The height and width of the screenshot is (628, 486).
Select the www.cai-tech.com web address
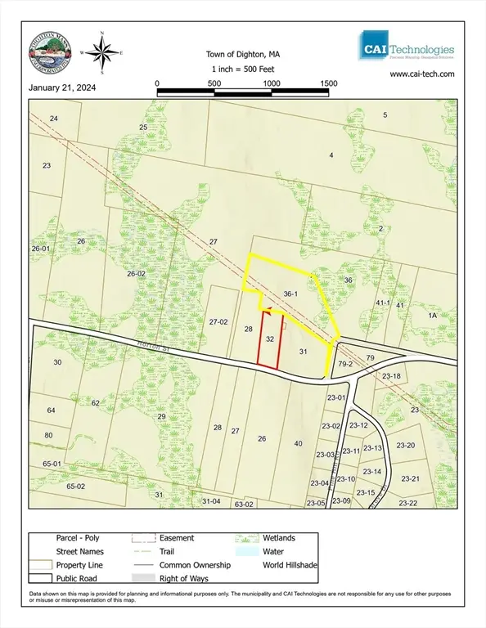click(421, 74)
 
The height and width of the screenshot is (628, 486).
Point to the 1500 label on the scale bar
click(329, 83)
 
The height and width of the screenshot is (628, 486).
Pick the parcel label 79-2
click(344, 364)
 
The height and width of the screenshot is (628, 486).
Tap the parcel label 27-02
click(218, 322)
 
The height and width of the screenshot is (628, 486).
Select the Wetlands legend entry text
click(281, 538)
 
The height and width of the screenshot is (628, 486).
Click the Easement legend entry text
click(177, 538)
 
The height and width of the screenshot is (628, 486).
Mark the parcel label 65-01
click(52, 464)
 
